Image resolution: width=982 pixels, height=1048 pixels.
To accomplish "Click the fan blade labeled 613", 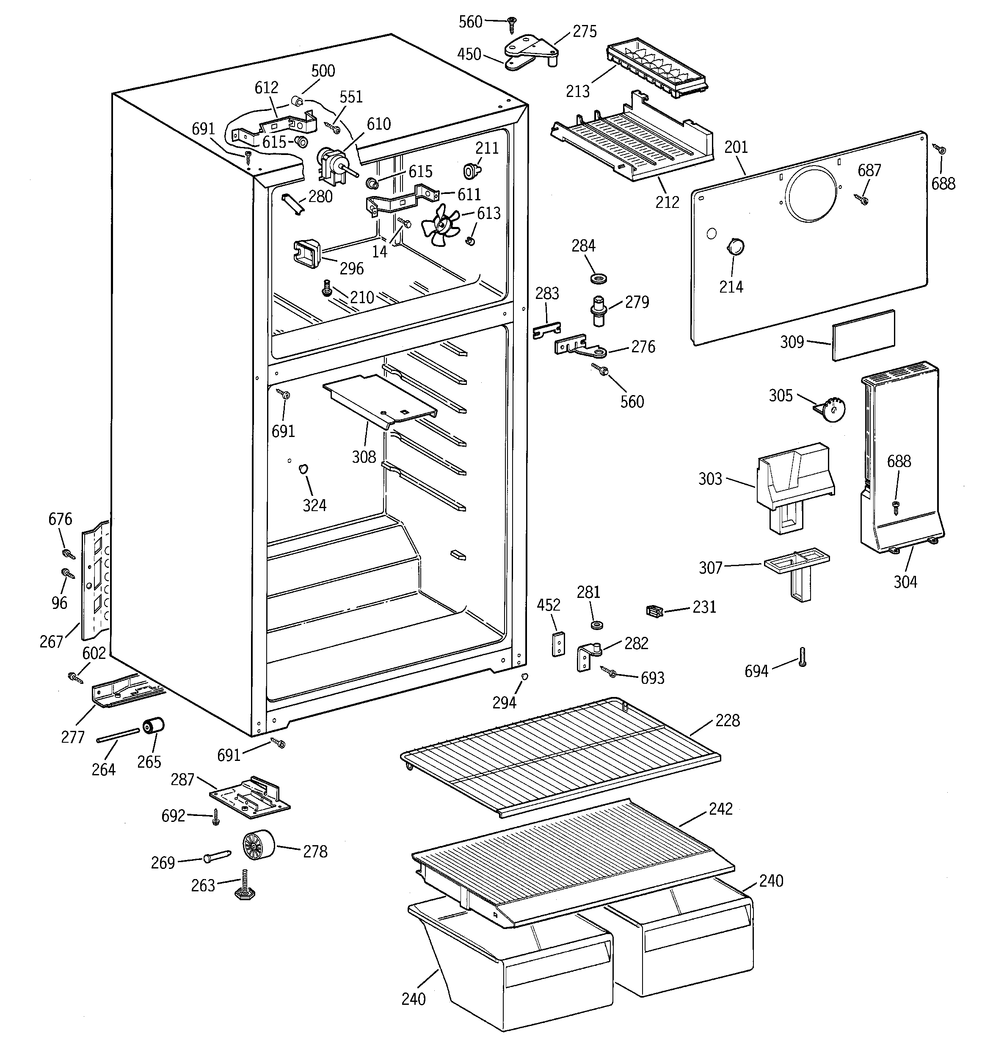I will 440,224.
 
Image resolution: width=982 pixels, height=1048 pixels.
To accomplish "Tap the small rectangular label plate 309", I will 863,335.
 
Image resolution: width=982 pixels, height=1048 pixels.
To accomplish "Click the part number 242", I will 720,809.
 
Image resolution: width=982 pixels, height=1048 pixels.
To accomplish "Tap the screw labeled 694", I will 802,657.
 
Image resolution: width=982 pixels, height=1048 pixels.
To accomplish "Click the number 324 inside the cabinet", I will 314,505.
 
